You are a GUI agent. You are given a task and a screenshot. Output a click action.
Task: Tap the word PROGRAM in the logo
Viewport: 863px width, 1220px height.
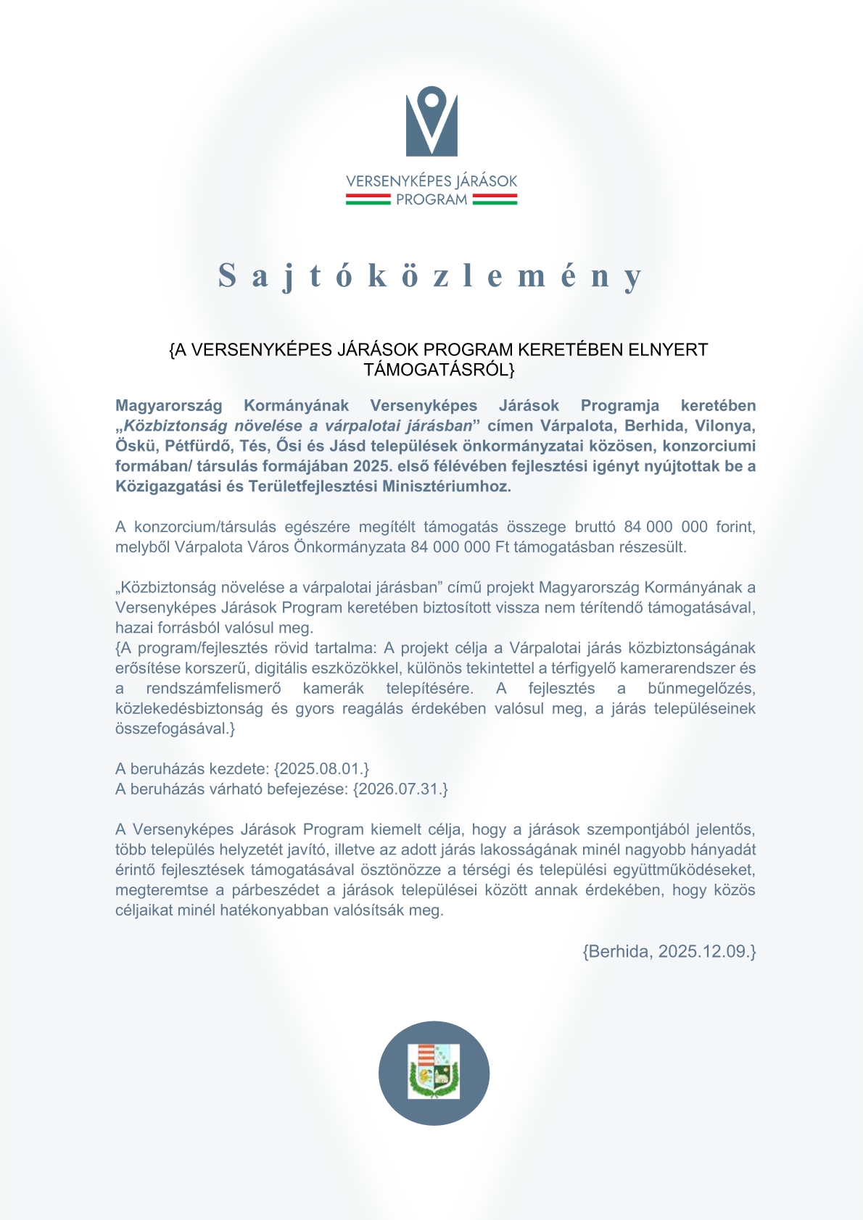click(431, 200)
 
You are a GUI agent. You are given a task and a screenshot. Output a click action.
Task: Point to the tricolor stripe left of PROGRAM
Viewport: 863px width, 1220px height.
click(368, 199)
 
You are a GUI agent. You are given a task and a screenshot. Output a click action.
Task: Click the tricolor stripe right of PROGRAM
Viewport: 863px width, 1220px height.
click(495, 199)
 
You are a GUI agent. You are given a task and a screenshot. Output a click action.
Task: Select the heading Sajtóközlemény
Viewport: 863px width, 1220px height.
click(431, 276)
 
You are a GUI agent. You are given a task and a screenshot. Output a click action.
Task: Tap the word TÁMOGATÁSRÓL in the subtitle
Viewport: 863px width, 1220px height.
click(437, 370)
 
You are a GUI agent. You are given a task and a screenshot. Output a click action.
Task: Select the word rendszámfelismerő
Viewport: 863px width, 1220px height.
click(213, 689)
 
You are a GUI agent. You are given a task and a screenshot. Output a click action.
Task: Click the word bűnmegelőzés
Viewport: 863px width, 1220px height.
click(701, 689)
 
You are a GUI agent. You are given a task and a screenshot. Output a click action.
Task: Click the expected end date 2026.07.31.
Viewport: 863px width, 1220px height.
click(400, 789)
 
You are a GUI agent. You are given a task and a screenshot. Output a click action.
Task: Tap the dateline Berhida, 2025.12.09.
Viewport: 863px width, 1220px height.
click(669, 952)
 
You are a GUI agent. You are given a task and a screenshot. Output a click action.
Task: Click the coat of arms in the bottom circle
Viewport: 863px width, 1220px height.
click(434, 1072)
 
